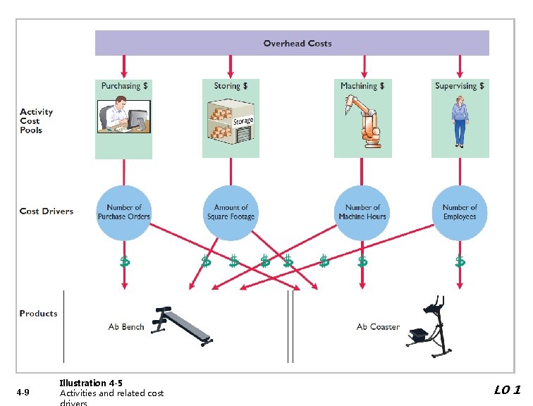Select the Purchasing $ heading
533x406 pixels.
(x=124, y=86)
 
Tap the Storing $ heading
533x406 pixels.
(x=231, y=86)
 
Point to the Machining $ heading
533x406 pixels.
(x=362, y=86)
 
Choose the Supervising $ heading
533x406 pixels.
(x=460, y=86)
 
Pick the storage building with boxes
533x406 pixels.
(x=231, y=121)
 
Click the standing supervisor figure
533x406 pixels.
(x=460, y=121)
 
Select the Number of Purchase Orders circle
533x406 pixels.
(x=124, y=212)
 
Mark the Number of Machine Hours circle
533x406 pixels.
(x=362, y=212)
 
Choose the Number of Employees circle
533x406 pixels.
(x=460, y=212)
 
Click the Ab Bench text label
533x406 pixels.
(x=126, y=327)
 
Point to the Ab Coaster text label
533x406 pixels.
(x=378, y=327)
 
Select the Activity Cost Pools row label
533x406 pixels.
(x=36, y=121)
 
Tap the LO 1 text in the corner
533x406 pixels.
(x=507, y=390)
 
